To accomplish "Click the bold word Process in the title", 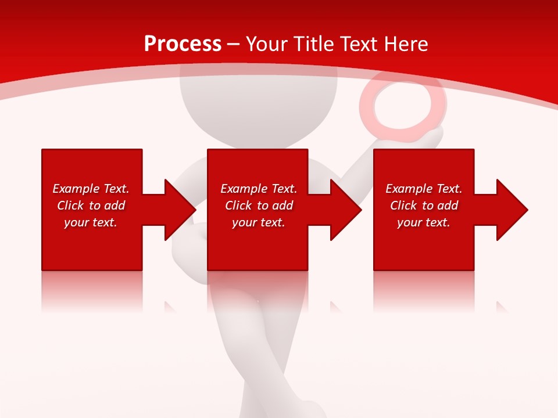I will (183, 44).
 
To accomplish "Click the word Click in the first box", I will (70, 206).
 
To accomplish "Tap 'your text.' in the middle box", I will (258, 222).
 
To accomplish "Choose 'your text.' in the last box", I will (423, 222).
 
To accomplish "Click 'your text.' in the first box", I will (91, 222).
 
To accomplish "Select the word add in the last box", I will (448, 206).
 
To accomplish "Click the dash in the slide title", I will (234, 44).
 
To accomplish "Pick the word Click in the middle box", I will (238, 206).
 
